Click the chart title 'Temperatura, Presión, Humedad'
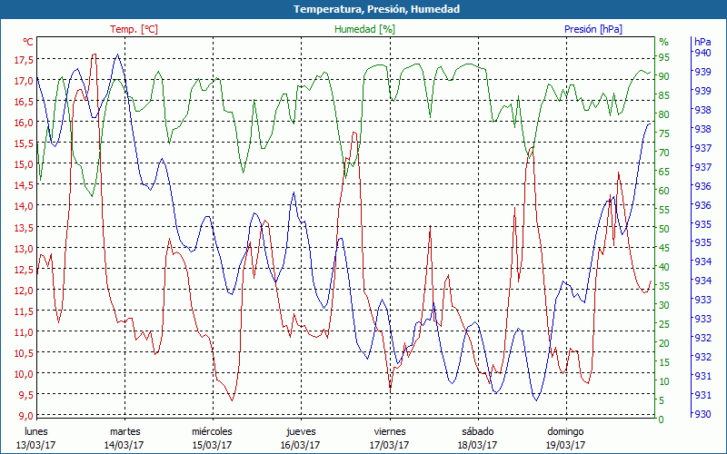point(363,9)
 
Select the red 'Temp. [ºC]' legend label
point(134,29)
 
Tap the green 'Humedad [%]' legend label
point(364,29)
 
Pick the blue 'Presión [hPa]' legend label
point(593,29)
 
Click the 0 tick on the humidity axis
point(662,419)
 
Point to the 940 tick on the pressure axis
point(702,53)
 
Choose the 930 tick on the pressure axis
point(702,414)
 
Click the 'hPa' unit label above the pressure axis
point(702,42)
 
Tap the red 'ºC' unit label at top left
point(28,42)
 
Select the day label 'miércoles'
point(212,431)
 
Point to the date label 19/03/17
point(565,445)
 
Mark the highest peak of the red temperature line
point(94,54)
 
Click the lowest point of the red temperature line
point(232,400)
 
